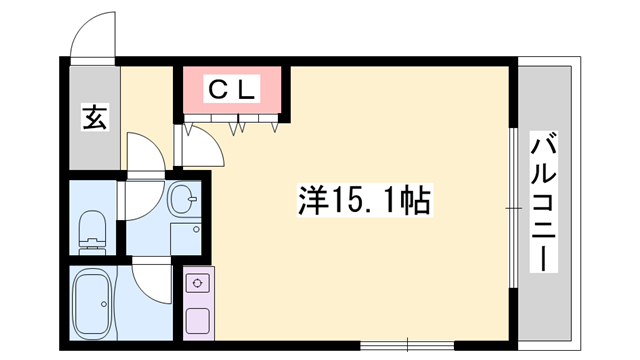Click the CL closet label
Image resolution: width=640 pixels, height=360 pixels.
(231, 89)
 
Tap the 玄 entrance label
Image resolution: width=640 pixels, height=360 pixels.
(95, 117)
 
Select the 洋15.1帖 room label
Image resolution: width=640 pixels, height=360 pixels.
(364, 200)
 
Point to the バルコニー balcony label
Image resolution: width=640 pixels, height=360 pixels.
(543, 202)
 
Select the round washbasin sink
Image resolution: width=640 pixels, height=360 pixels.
(183, 198)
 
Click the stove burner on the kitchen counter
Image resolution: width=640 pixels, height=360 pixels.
(198, 283)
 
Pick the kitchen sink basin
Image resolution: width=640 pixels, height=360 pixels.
(198, 320)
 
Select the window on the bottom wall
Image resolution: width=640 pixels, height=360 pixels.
(407, 345)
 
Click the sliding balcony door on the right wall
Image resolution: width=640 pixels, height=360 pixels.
(513, 209)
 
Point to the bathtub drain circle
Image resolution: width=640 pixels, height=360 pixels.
(104, 304)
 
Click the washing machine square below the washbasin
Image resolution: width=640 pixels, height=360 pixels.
(186, 239)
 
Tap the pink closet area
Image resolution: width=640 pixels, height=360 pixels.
(232, 89)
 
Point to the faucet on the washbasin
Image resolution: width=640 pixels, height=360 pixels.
(193, 199)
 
